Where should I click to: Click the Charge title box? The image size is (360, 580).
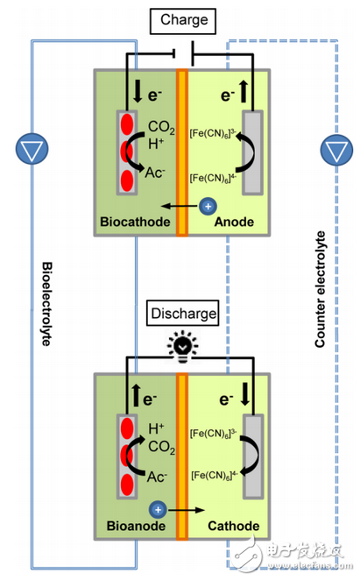183,21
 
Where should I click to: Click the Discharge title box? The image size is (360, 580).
183,314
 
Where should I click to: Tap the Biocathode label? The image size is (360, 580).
135,222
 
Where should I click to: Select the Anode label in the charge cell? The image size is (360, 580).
234,222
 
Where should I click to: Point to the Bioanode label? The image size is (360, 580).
136,526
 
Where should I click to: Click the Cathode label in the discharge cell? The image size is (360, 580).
234,526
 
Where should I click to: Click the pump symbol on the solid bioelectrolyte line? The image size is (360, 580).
32,149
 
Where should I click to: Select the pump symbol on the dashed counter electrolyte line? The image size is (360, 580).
336,150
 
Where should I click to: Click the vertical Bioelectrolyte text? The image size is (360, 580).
46,304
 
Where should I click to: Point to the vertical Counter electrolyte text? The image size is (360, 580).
320,290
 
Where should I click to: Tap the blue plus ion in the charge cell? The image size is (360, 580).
208,206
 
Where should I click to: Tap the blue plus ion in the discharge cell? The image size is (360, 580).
158,510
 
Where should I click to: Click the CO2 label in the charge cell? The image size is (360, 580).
161,127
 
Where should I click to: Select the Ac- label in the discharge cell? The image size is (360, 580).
157,477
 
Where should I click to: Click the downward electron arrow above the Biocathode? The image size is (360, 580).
138,91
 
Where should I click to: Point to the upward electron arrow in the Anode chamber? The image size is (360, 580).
244,91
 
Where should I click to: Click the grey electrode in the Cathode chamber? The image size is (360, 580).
253,456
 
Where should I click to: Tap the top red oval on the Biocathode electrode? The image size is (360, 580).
127,124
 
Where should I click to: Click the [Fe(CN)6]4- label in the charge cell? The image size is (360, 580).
213,178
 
